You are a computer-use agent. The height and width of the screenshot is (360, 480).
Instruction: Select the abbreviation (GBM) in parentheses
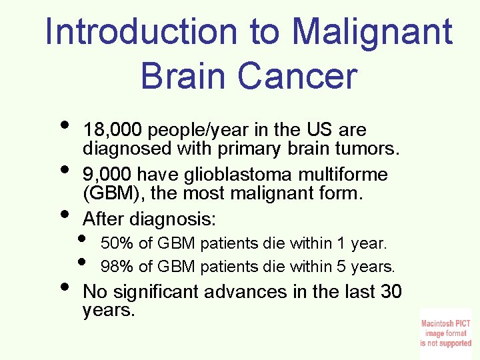[x=108, y=195]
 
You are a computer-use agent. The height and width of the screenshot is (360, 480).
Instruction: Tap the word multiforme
[x=345, y=175]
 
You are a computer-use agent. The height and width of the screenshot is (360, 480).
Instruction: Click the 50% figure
[x=117, y=243]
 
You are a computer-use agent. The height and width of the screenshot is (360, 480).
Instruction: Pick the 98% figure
[x=117, y=267]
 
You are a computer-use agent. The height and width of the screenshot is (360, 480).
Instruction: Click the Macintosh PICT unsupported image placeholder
[x=445, y=333]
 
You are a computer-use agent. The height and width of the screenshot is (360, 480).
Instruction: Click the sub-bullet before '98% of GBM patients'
[x=83, y=261]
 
